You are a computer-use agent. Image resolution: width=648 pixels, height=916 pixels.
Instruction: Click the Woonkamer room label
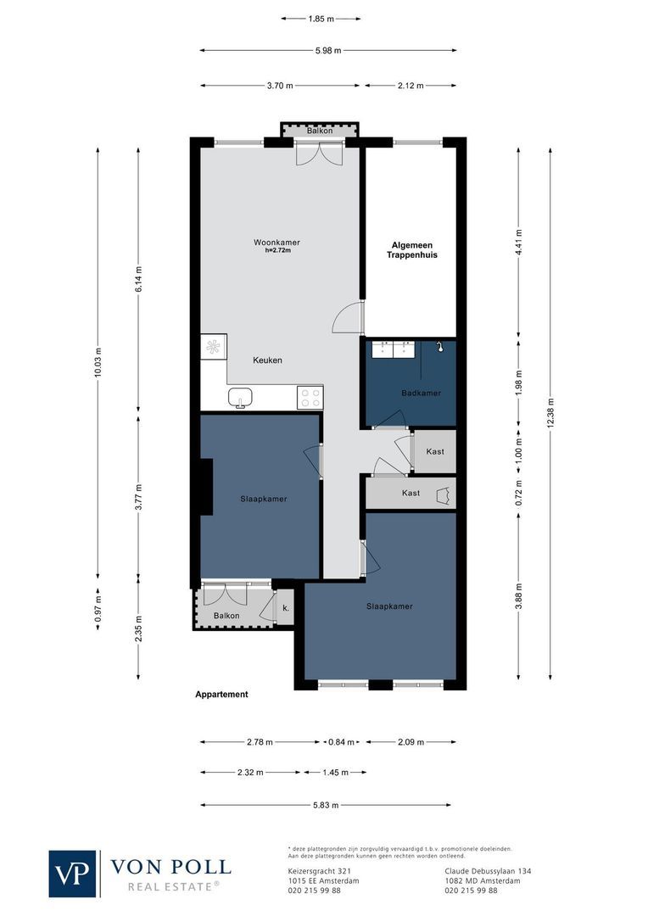(x=277, y=243)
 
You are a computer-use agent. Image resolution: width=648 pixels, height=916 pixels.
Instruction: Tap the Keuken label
(x=267, y=360)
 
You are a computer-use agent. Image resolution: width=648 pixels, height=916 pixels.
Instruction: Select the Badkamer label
(x=421, y=394)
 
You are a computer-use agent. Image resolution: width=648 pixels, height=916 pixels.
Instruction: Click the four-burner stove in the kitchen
(x=310, y=397)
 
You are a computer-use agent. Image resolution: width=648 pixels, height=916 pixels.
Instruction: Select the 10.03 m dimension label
(x=98, y=362)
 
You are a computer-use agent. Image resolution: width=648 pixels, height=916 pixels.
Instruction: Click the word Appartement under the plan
(x=221, y=694)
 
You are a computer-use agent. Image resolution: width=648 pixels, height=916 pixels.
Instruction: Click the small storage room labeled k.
(x=286, y=609)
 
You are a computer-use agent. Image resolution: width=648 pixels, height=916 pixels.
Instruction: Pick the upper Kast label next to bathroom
(x=434, y=451)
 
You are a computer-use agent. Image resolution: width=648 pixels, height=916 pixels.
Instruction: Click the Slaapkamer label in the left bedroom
(x=263, y=499)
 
